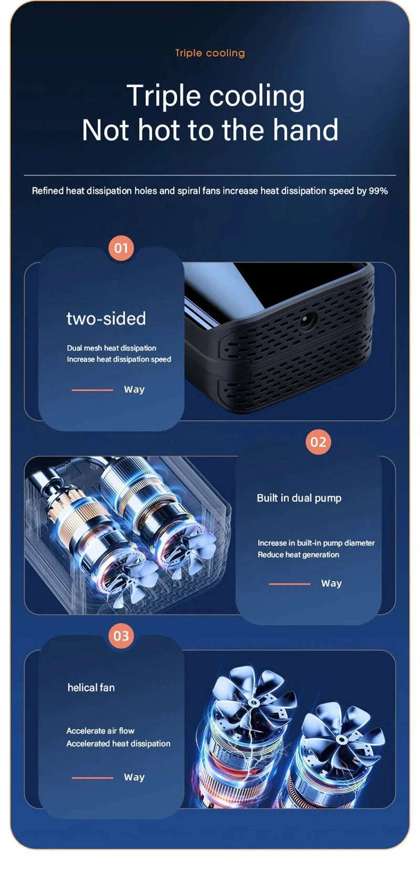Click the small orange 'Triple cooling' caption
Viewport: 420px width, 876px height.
pyautogui.click(x=210, y=53)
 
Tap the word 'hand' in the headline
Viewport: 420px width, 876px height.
pyautogui.click(x=306, y=130)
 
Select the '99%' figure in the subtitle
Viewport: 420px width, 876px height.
pyautogui.click(x=378, y=191)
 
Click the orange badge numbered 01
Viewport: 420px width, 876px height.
pyautogui.click(x=121, y=248)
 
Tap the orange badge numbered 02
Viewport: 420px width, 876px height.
pyautogui.click(x=318, y=442)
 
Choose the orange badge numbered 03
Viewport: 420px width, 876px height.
pyautogui.click(x=121, y=636)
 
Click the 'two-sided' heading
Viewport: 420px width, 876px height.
pyautogui.click(x=106, y=318)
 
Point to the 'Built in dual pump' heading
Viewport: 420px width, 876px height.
pyautogui.click(x=299, y=498)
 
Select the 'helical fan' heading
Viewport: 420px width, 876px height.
pyautogui.click(x=91, y=688)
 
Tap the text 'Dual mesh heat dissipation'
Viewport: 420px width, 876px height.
pyautogui.click(x=111, y=348)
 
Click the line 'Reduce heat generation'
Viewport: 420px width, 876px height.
pyautogui.click(x=298, y=554)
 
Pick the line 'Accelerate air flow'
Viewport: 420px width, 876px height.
pyautogui.click(x=100, y=731)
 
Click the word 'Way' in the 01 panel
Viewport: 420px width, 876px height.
pyautogui.click(x=134, y=390)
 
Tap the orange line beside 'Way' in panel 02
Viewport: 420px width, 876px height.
pyautogui.click(x=290, y=584)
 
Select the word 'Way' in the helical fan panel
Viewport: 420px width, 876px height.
pyautogui.click(x=134, y=777)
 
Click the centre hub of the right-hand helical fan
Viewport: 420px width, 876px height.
pyautogui.click(x=342, y=740)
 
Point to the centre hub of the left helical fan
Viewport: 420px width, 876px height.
pyautogui.click(x=255, y=703)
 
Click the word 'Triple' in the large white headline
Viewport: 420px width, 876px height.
pyautogui.click(x=164, y=96)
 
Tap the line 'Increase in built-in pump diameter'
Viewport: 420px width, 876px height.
pyautogui.click(x=316, y=543)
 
